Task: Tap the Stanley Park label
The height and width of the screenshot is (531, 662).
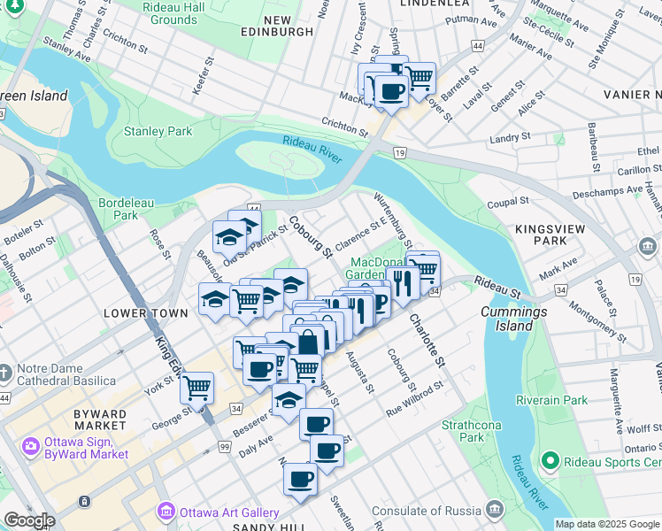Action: pyautogui.click(x=158, y=132)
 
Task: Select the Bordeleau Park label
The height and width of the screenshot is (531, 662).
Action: pyautogui.click(x=119, y=208)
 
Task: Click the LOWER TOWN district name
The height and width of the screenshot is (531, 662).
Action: pyautogui.click(x=146, y=313)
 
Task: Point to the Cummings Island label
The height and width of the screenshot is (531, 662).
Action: pyautogui.click(x=513, y=319)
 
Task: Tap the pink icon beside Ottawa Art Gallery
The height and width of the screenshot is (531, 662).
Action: pyautogui.click(x=165, y=512)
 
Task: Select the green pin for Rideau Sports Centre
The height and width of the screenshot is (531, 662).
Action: pyautogui.click(x=550, y=461)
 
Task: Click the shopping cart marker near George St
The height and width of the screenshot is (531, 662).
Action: pyautogui.click(x=196, y=387)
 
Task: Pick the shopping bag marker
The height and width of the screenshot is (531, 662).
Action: pyautogui.click(x=307, y=342)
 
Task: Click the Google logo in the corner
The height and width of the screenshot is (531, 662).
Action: pyautogui.click(x=29, y=520)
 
